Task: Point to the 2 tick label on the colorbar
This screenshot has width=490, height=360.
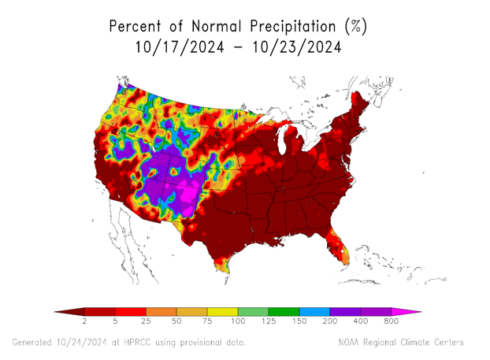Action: pos(84,322)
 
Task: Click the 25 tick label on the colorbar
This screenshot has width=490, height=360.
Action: pos(146,322)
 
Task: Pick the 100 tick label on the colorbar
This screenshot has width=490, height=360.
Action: pos(238,322)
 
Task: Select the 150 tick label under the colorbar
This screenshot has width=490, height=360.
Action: pos(299,322)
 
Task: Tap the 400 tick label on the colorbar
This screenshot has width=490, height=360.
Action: pos(361,322)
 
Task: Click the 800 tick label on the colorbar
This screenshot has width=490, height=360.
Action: pos(392,322)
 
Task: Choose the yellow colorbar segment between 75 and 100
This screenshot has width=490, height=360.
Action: pos(222,312)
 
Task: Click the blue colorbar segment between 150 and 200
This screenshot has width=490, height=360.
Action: pos(314,312)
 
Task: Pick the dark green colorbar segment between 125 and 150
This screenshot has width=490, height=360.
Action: pos(284,312)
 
